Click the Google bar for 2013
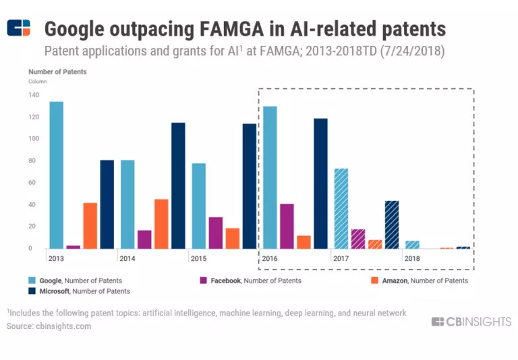[56, 175]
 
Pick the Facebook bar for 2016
[287, 226]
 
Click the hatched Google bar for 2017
[341, 208]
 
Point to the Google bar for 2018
[412, 245]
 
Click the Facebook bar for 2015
[215, 233]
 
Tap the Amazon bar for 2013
[90, 225]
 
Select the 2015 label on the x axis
[199, 258]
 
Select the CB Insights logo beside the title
[19, 29]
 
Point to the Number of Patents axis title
[57, 71]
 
